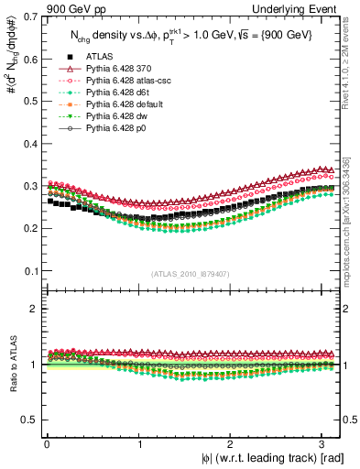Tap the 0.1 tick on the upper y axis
point(28,272)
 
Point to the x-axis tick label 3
point(325,443)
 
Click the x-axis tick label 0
point(47,443)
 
